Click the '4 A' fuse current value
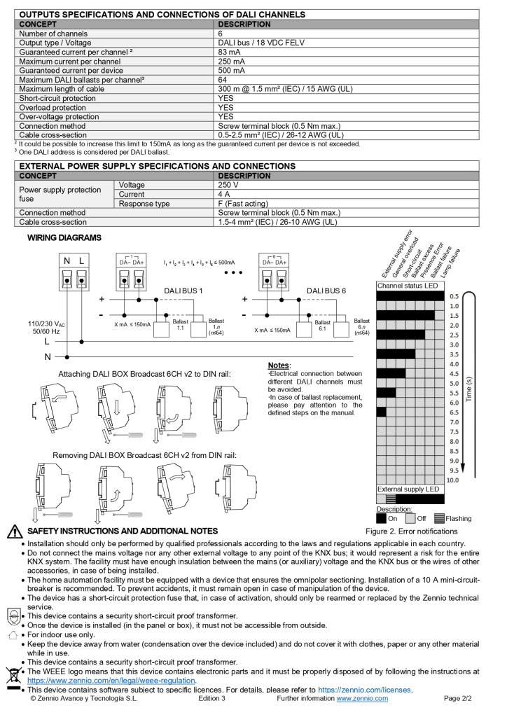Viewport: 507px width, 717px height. [224, 194]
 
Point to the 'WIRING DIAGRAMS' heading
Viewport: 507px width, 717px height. [64, 238]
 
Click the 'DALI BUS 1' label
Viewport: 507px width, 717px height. [183, 290]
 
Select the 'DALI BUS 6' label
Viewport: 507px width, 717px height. [326, 290]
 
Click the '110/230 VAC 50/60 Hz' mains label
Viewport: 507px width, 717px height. [48, 328]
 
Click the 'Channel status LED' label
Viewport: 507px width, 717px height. [408, 286]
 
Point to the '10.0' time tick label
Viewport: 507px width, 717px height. [453, 480]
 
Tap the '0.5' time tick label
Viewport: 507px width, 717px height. [454, 296]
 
